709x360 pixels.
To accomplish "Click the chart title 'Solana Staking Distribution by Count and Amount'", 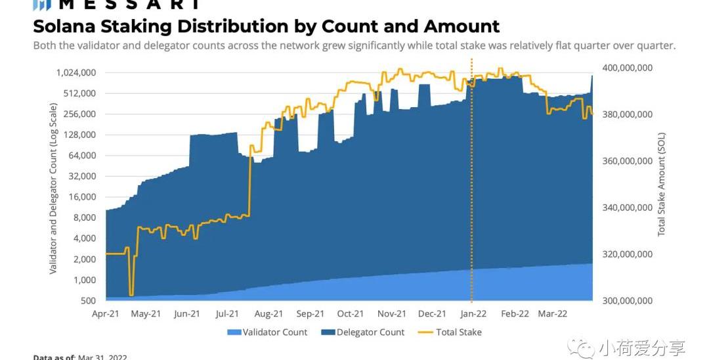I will (266, 26).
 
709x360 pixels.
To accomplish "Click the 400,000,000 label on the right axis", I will (626, 68).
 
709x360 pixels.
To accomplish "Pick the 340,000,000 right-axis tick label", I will (626, 208).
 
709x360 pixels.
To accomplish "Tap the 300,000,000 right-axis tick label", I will (626, 301).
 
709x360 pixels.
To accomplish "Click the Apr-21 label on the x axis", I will (105, 314).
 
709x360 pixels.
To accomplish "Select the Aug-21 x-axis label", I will (269, 314).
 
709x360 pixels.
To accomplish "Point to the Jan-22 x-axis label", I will (473, 314).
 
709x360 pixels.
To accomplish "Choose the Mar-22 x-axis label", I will (553, 314).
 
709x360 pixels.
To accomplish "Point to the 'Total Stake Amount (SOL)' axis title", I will (661, 184).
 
